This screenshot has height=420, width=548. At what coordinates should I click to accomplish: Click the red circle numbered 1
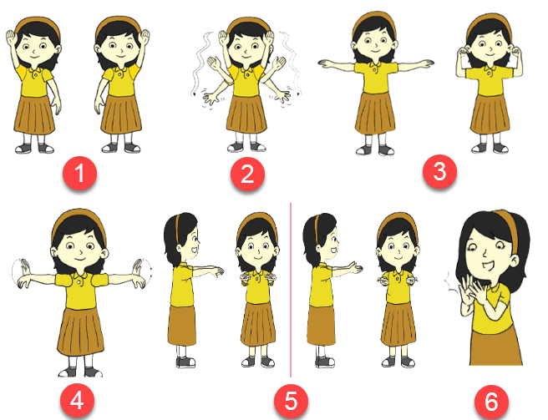click(x=79, y=173)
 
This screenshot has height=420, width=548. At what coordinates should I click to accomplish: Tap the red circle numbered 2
click(x=247, y=174)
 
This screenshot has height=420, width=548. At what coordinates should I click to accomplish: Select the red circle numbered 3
click(x=439, y=171)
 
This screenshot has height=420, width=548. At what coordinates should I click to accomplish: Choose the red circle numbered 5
click(x=291, y=401)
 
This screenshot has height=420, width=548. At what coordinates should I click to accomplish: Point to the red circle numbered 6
click(x=491, y=402)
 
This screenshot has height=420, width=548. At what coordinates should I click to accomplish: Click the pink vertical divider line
click(x=291, y=290)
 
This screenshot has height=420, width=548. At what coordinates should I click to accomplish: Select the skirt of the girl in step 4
click(x=81, y=331)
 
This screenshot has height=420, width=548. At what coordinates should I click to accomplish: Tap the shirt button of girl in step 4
click(x=80, y=281)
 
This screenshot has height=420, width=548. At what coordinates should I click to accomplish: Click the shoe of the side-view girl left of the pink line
click(x=185, y=362)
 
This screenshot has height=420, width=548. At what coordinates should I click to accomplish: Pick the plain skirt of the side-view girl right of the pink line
click(x=321, y=326)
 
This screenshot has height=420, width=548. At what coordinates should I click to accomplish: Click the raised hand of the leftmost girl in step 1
click(x=12, y=37)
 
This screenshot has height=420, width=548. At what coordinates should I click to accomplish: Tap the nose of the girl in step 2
click(x=246, y=51)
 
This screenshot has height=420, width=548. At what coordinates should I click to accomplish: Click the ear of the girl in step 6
click(x=515, y=260)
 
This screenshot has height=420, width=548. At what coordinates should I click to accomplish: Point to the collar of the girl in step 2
click(x=247, y=68)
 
